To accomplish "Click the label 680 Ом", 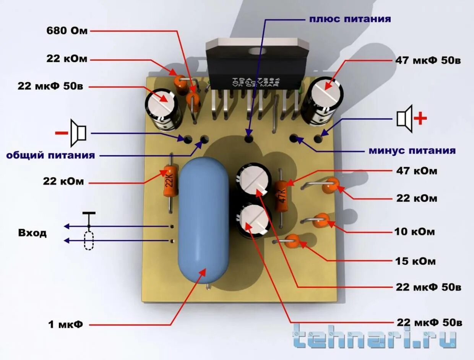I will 67,31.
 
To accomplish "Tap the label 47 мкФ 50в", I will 428,60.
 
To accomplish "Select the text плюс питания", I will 350,18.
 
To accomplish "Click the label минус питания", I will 412,150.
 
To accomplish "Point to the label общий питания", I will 50,155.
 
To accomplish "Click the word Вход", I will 32,233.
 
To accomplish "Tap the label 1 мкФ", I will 65,325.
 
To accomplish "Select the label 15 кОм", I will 415,261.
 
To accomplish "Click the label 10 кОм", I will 414,232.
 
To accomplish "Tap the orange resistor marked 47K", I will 282,196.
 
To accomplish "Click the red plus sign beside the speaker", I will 420,118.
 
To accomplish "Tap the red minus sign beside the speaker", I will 61,133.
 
